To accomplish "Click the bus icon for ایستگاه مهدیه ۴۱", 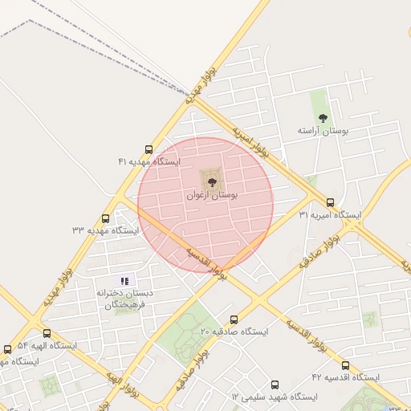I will pos(149,149).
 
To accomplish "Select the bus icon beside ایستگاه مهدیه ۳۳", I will pos(106,218).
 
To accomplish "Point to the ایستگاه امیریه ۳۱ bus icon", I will pos(331,203).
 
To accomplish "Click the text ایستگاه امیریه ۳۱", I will pos(330,215).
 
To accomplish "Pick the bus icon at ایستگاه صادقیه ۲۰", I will pos(234,319).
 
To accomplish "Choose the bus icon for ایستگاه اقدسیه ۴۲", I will pos(345,365).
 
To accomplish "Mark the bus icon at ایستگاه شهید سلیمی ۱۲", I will pos(275,385).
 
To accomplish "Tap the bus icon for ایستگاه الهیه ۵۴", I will pos(47,333).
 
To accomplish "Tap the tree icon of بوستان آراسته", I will pos(323,118).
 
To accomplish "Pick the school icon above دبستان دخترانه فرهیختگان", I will pos(124,281).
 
